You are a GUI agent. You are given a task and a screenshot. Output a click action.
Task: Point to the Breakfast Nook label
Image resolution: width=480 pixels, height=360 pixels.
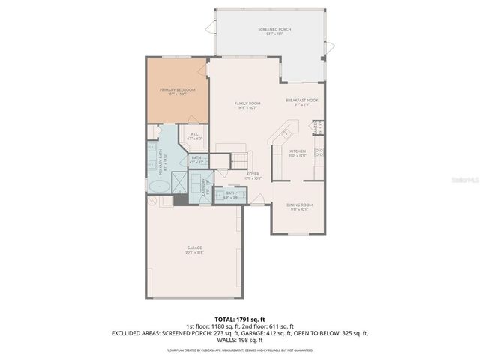[x=301, y=101]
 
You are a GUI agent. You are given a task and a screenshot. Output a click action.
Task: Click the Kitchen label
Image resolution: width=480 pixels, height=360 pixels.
[x=298, y=153]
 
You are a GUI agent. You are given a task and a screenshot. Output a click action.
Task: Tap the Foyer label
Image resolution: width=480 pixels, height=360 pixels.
[x=252, y=177]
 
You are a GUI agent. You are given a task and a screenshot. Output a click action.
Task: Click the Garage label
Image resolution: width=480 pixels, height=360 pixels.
[x=195, y=250]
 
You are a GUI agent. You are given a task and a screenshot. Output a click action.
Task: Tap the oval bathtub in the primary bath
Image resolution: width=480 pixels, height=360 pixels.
[x=159, y=186]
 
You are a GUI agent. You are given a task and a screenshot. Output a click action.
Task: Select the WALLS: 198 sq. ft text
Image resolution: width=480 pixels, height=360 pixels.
[x=240, y=339]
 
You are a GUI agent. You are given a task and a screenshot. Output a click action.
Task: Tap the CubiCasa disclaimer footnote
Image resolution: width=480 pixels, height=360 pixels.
[x=240, y=349]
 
